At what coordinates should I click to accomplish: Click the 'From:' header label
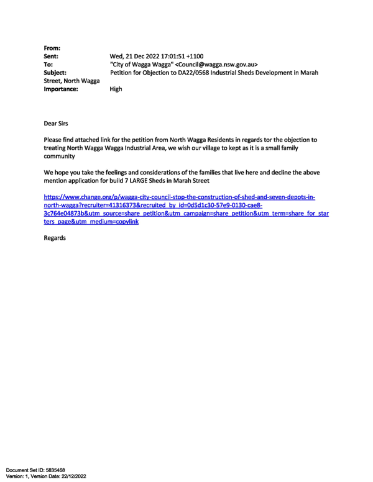pyautogui.click(x=52, y=48)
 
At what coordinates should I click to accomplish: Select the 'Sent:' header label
pyautogui.click(x=51, y=57)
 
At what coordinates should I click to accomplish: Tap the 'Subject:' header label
pyautogui.click(x=55, y=73)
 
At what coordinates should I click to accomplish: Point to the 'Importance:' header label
pyautogui.click(x=61, y=89)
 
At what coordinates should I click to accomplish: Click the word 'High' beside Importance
pyautogui.click(x=116, y=89)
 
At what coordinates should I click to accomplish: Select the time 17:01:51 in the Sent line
pyautogui.click(x=173, y=57)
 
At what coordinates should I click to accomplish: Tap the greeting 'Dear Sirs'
pyautogui.click(x=56, y=124)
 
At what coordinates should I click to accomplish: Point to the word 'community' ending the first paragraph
pyautogui.click(x=59, y=157)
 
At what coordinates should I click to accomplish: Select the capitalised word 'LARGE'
pyautogui.click(x=139, y=181)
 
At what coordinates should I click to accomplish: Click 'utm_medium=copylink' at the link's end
pyautogui.click(x=114, y=222)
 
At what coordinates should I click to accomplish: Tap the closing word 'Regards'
pyautogui.click(x=55, y=239)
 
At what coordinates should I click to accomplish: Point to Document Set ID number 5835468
pyautogui.click(x=55, y=470)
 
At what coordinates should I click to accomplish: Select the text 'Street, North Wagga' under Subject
pyautogui.click(x=71, y=81)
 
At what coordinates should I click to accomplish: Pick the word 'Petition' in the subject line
pyautogui.click(x=121, y=73)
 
